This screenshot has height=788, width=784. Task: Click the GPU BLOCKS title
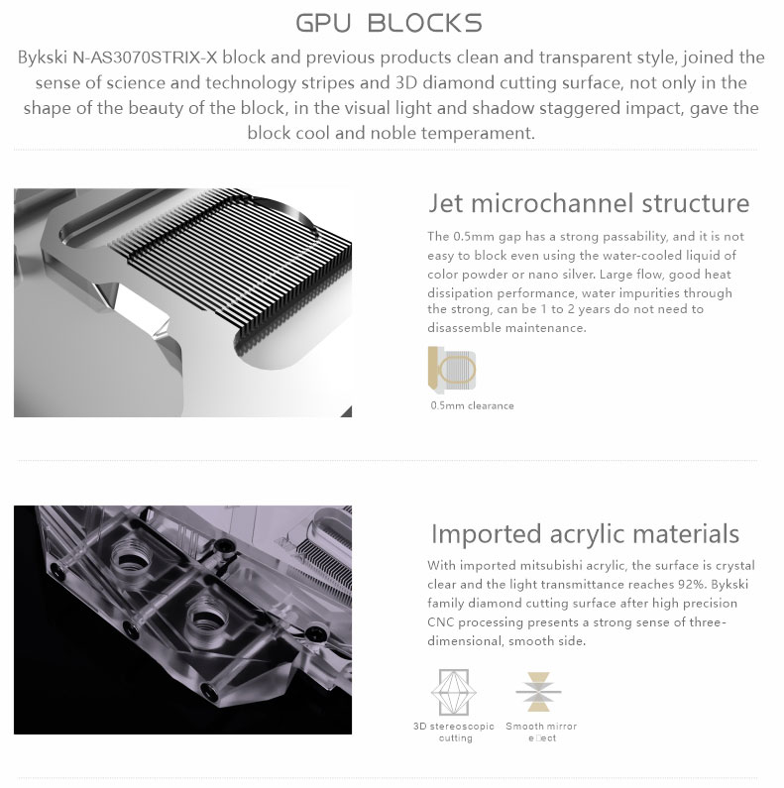389,23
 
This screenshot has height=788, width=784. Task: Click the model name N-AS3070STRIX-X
145,57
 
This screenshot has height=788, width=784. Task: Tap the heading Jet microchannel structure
589,203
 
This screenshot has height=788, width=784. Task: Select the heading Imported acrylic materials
585,533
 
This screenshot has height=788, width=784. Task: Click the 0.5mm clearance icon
452,370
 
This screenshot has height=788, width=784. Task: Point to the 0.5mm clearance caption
472,405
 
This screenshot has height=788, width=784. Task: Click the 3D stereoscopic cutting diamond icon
454,692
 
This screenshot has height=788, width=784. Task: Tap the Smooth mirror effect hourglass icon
538,692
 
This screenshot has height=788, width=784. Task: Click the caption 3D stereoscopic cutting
454,732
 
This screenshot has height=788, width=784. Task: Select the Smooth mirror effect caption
541,732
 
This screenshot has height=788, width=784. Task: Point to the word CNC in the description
441,622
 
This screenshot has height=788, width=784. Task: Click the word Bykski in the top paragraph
43,57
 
